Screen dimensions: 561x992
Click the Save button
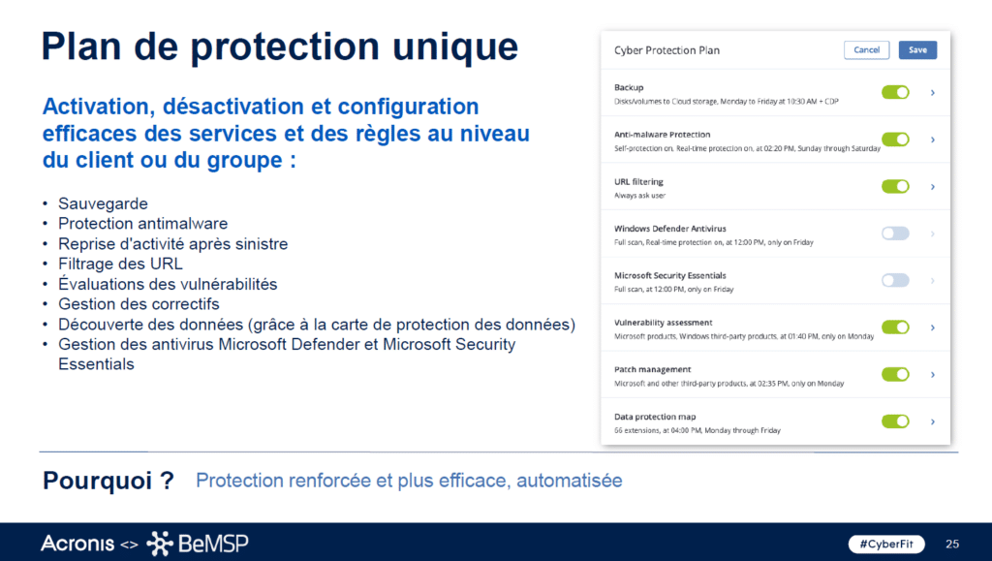pyautogui.click(x=917, y=49)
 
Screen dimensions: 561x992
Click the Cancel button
pyautogui.click(x=866, y=49)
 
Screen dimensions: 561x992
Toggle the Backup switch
pyautogui.click(x=895, y=92)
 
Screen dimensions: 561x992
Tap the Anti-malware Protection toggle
pyautogui.click(x=895, y=140)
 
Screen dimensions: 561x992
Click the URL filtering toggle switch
pyautogui.click(x=895, y=186)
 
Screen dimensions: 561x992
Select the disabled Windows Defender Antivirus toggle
pyautogui.click(x=895, y=234)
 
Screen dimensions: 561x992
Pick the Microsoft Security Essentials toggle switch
pyautogui.click(x=895, y=280)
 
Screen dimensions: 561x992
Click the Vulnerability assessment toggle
pyautogui.click(x=895, y=327)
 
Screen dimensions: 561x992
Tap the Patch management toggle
pyautogui.click(x=895, y=374)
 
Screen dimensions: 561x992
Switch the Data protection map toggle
pyautogui.click(x=895, y=421)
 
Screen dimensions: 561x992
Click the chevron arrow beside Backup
pyautogui.click(x=932, y=92)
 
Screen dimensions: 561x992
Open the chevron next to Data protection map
pyautogui.click(x=932, y=421)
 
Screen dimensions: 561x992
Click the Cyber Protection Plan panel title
pyautogui.click(x=666, y=50)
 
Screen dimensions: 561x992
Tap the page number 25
pyautogui.click(x=951, y=543)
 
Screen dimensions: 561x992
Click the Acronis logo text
pyautogui.click(x=78, y=543)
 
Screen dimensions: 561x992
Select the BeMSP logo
pyautogui.click(x=198, y=544)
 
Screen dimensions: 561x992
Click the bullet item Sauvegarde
pyautogui.click(x=103, y=203)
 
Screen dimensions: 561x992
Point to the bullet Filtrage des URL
pyautogui.click(x=120, y=264)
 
